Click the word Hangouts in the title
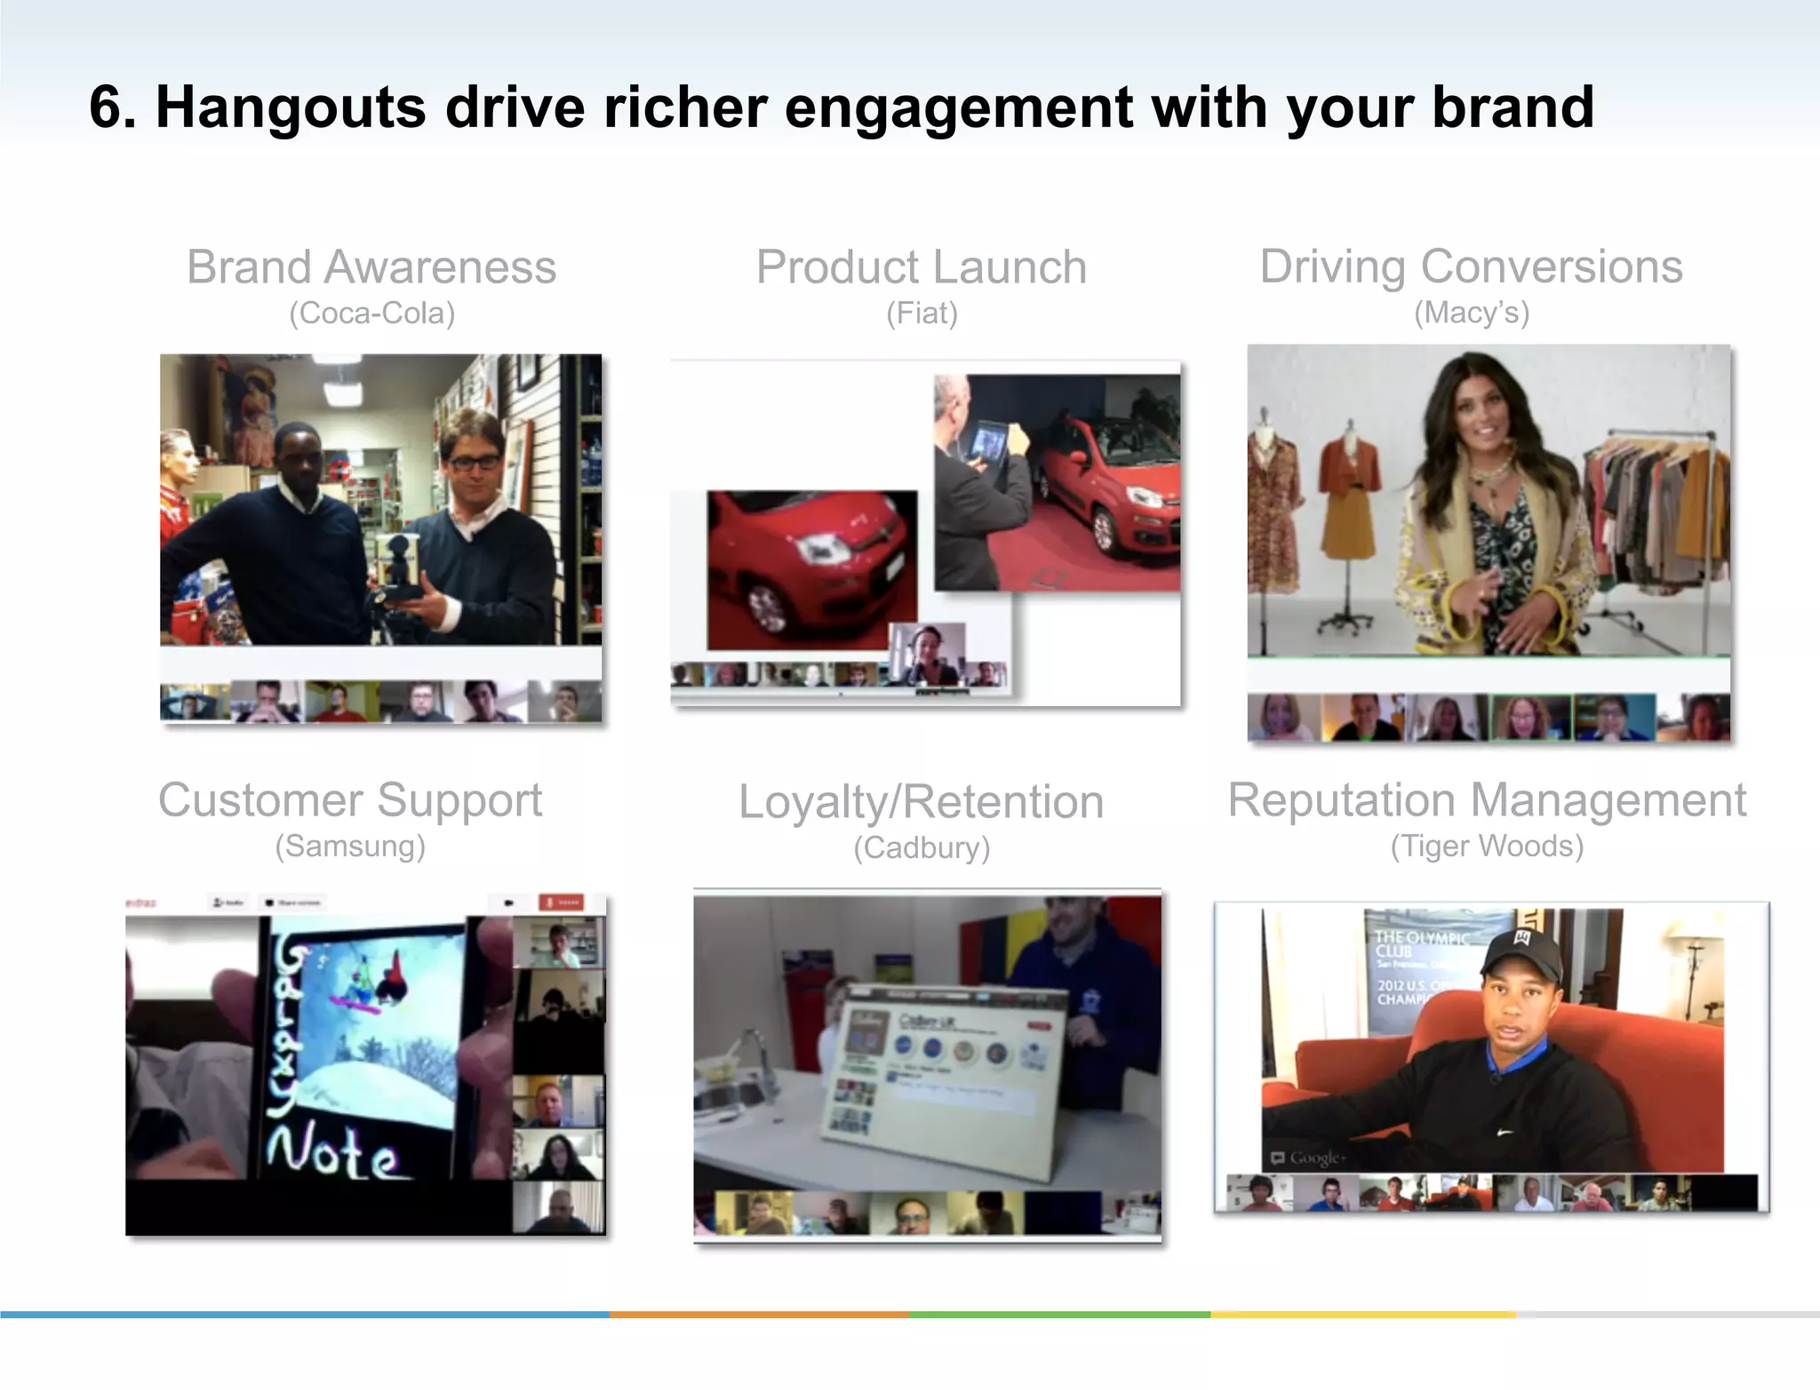click(291, 108)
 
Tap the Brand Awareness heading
click(371, 267)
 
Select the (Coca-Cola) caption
click(371, 314)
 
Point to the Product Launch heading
click(922, 267)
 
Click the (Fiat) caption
click(922, 314)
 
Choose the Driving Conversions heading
click(1471, 266)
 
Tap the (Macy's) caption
click(1471, 313)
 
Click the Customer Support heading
click(350, 800)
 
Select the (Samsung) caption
click(350, 847)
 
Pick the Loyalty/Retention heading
click(922, 802)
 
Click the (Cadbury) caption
click(922, 848)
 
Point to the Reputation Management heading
click(1487, 800)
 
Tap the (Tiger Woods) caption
click(1487, 847)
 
